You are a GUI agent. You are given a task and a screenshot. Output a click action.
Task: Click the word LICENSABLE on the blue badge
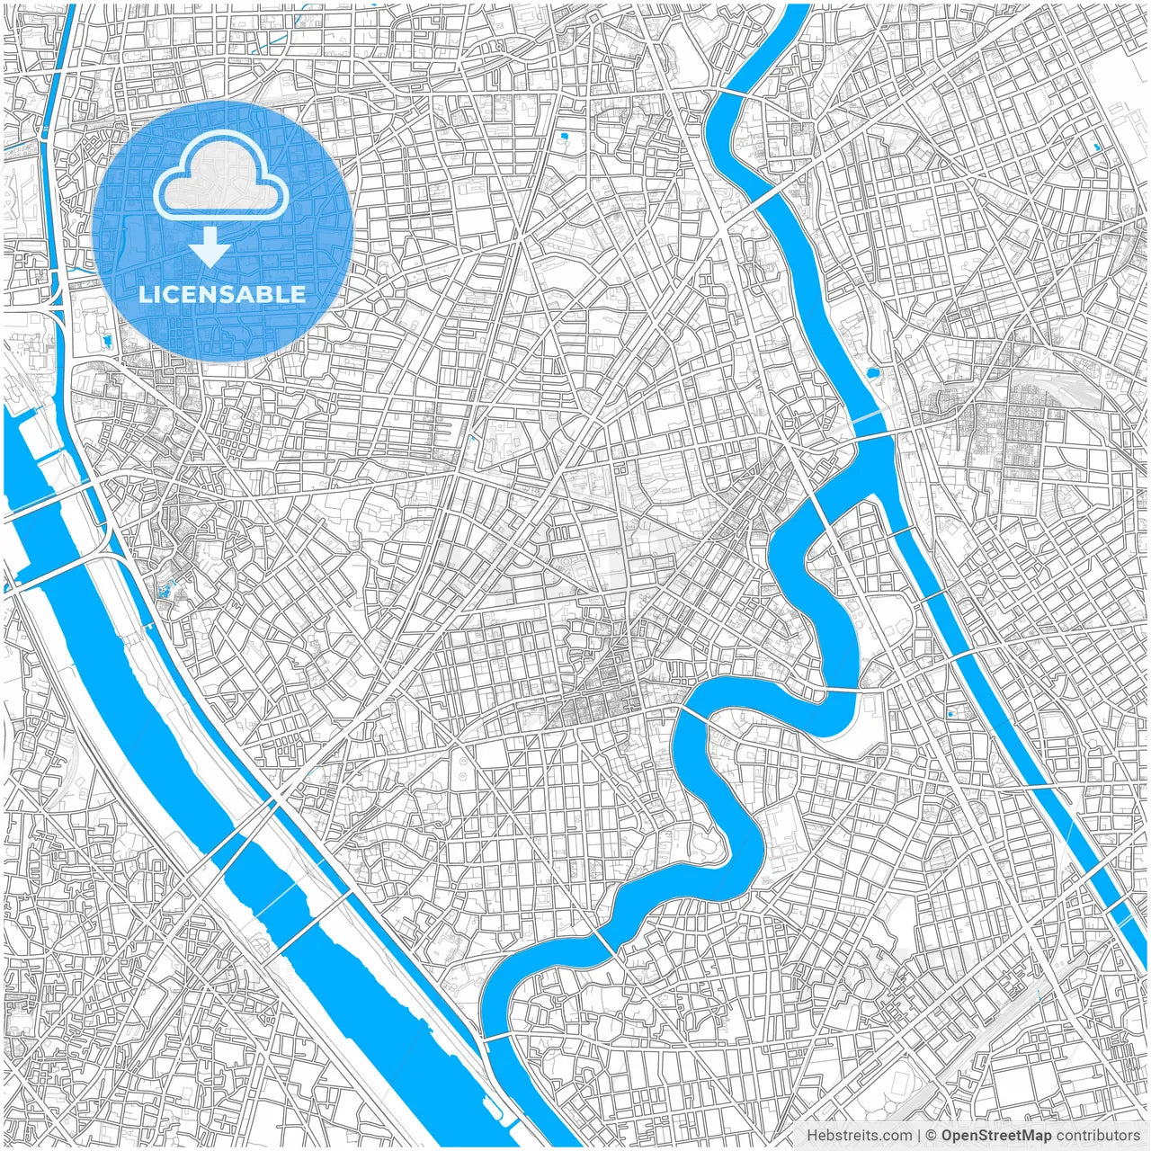tap(221, 294)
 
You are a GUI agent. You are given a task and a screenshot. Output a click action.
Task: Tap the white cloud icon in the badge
tap(221, 177)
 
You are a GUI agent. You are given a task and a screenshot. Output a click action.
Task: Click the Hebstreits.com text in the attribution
tap(858, 1136)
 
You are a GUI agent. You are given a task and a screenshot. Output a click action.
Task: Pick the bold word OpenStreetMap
tap(996, 1136)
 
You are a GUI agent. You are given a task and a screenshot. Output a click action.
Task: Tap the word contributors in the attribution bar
tap(1098, 1136)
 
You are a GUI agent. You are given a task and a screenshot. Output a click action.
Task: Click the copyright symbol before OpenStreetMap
tap(932, 1136)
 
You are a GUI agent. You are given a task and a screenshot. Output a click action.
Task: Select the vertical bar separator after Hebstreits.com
tap(919, 1136)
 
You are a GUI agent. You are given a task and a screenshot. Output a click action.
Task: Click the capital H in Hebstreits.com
tap(811, 1136)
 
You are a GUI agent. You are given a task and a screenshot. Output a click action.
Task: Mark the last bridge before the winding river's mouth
tap(496, 1039)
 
